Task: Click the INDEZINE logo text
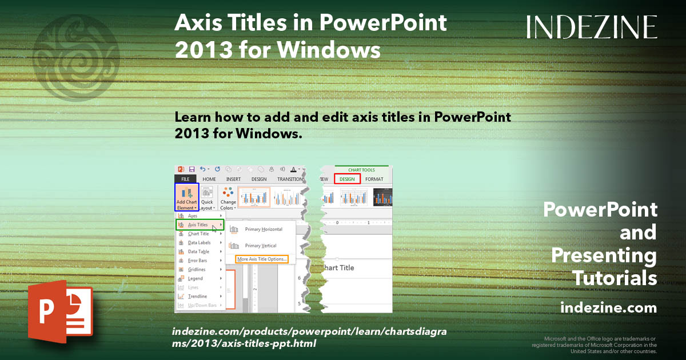[x=592, y=27]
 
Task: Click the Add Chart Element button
[x=187, y=197]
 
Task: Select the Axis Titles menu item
[x=198, y=225]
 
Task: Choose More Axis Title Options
[x=262, y=259]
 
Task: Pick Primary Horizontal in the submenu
[x=263, y=229]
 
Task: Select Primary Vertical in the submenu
[x=260, y=246]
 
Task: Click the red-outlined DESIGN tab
[x=347, y=179]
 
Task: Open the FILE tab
[x=185, y=179]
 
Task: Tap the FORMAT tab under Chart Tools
[x=374, y=179]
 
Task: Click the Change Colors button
[x=228, y=198]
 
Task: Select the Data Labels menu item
[x=199, y=243]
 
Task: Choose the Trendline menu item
[x=197, y=297]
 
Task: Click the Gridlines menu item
[x=197, y=270]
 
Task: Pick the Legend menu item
[x=195, y=278]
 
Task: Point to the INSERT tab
[x=233, y=179]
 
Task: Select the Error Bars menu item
[x=197, y=261]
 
